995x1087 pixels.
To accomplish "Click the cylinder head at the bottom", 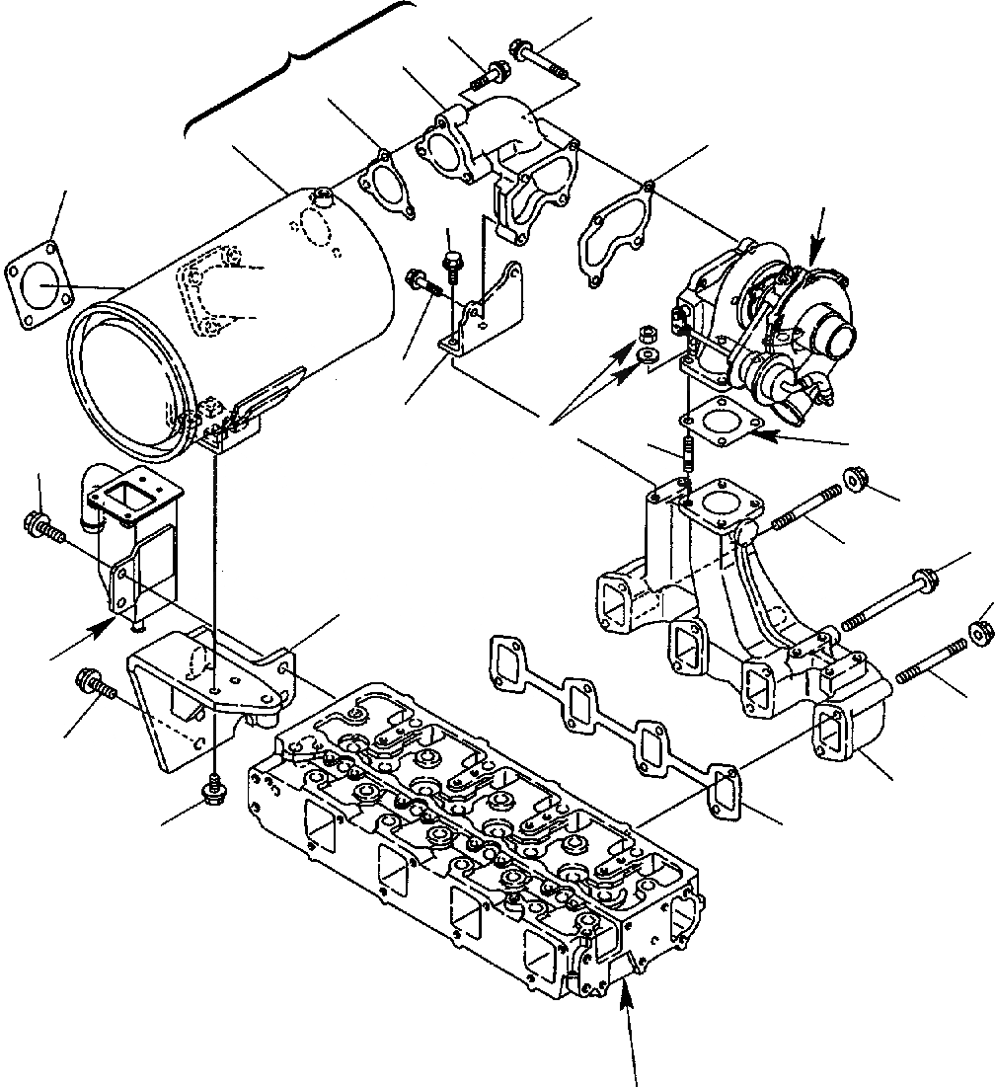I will point(474,839).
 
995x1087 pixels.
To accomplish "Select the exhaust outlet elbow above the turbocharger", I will point(494,158).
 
